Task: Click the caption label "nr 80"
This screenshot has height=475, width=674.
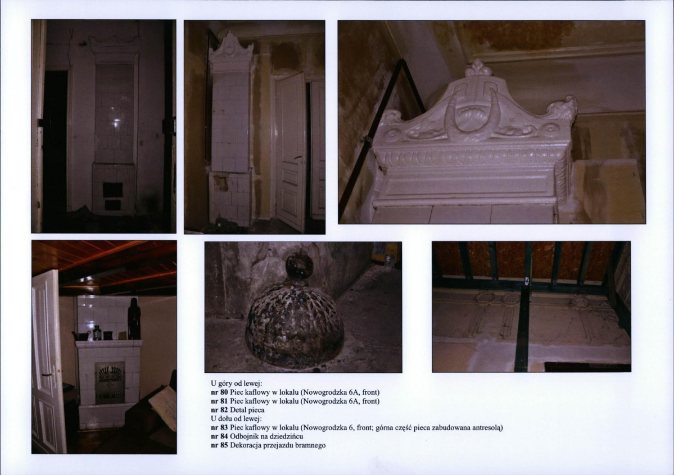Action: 219,392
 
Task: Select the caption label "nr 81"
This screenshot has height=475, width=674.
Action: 219,401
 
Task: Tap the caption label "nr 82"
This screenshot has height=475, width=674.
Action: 219,410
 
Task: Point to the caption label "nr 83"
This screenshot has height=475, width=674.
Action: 219,428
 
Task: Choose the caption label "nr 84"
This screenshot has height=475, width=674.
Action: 219,436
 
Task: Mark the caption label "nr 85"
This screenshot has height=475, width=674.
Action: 219,445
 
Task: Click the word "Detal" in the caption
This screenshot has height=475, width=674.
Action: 238,410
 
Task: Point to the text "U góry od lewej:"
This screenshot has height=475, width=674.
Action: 237,383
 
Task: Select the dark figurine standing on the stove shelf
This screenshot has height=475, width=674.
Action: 134,318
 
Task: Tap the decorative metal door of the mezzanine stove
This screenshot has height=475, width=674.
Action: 110,383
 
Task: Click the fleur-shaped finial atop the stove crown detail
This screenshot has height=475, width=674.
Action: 478,68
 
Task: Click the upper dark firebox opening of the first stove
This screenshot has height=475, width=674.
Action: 112,189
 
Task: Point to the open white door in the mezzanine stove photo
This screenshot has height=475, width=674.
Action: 48,362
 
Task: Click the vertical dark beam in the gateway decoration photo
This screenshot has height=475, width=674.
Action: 523,326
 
